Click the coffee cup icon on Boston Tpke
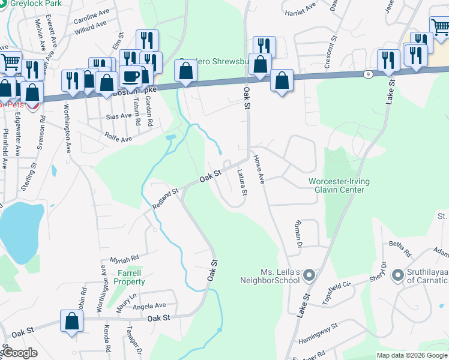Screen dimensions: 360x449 (131, 77)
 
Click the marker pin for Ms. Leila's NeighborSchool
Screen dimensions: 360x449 (309, 275)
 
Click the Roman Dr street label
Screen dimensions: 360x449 (298, 234)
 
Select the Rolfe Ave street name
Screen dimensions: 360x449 (118, 139)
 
